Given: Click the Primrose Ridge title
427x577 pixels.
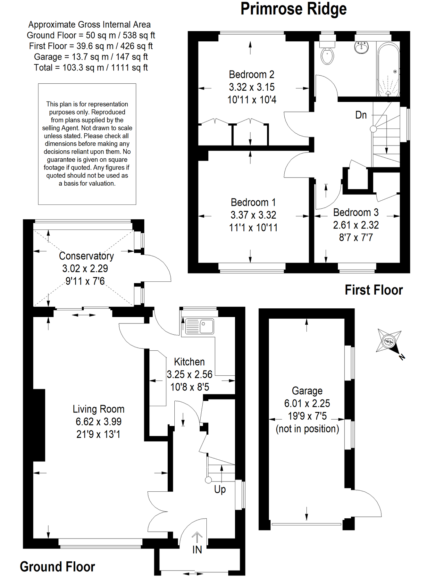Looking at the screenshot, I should (293, 9).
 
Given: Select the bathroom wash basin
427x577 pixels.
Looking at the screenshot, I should (361, 47).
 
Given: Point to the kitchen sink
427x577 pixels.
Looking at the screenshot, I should (199, 326).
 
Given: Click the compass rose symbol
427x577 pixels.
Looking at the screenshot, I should (389, 342).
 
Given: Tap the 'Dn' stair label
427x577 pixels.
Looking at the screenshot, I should (361, 115).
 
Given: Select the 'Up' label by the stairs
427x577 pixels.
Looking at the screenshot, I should (220, 489).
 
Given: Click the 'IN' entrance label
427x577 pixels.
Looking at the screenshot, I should (197, 550).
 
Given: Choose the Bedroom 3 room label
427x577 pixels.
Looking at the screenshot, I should (356, 212).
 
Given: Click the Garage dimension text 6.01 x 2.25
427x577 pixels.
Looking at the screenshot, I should (307, 403).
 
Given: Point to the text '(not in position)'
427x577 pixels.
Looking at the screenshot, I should (307, 429).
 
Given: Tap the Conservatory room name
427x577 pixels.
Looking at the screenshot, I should (86, 256).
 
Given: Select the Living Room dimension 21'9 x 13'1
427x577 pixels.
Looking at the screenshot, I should (98, 434).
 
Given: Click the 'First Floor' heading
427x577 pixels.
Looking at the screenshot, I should (373, 290).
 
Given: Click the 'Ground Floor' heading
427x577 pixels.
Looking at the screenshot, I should (57, 567).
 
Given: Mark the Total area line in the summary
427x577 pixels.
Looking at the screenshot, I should (91, 68).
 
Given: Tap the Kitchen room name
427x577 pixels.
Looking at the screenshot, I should (189, 362).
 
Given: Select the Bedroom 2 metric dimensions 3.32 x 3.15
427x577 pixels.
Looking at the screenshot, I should (252, 87).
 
